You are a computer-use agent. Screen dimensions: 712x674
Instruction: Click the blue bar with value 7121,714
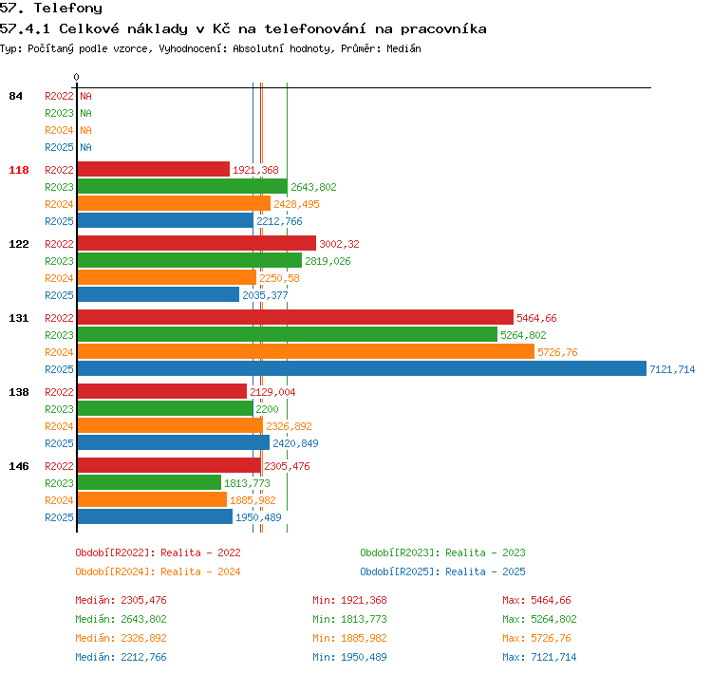[x=362, y=368]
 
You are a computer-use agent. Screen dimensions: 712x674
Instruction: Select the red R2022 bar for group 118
[x=154, y=169]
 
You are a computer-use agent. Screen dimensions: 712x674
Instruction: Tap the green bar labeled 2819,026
[x=189, y=261]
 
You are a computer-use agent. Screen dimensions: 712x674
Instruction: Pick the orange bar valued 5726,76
[x=306, y=352]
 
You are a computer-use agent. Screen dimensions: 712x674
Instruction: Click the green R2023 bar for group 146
[x=149, y=483]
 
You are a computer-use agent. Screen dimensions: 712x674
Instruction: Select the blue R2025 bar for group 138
[x=174, y=442]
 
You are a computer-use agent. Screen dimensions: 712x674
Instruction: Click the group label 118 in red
[x=19, y=170]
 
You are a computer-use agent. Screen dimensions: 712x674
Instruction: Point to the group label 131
[x=19, y=318]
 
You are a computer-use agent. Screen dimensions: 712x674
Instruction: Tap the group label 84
[x=15, y=96]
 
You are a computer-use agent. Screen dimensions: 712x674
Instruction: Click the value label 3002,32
[x=339, y=244]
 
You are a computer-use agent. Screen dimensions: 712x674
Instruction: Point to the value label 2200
[x=267, y=409]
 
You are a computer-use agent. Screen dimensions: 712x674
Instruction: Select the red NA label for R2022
[x=85, y=96]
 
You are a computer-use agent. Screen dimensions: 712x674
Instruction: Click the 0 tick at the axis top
[x=76, y=77]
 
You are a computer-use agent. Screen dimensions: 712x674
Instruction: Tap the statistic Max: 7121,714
[x=539, y=657]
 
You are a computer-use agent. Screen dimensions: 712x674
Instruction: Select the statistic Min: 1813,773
[x=349, y=619]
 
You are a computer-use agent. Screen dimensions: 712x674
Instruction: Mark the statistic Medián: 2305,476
[x=121, y=600]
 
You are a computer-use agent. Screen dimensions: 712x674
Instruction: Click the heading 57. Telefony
[x=51, y=9]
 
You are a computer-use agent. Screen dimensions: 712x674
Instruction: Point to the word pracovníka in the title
[x=443, y=29]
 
